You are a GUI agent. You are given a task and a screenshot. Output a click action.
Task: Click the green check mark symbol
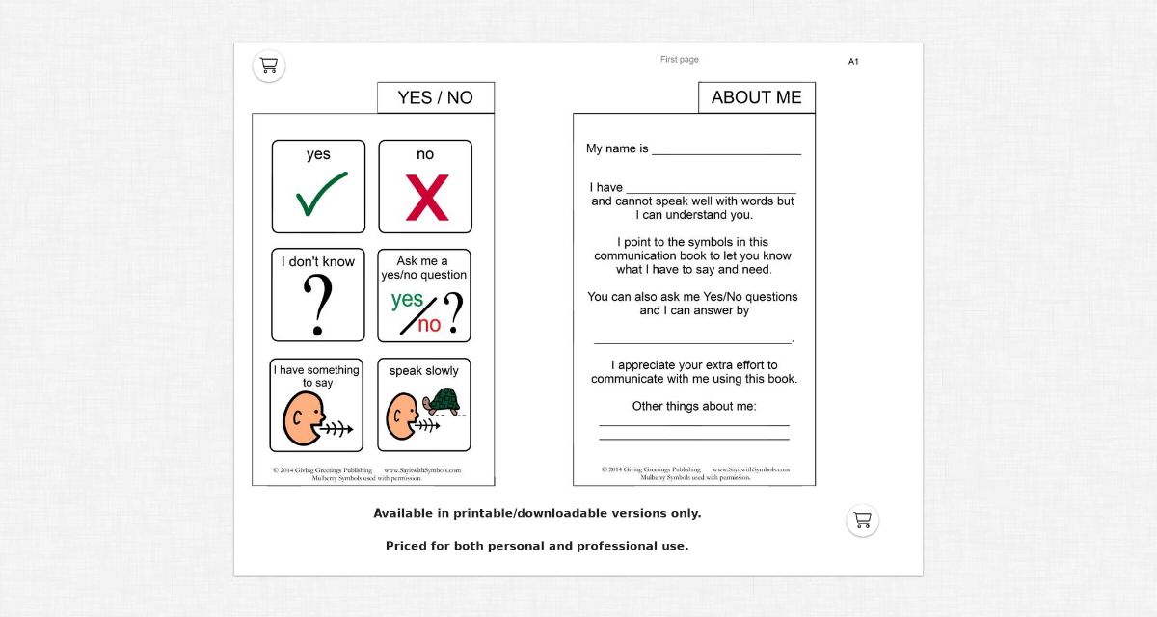coord(321,195)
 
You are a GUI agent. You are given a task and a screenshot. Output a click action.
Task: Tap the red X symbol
coord(426,197)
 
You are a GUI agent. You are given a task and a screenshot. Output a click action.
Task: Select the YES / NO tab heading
coord(435,97)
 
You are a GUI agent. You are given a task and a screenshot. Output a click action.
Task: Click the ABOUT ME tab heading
coord(756,97)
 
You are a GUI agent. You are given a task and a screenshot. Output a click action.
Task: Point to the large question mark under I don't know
coord(318,303)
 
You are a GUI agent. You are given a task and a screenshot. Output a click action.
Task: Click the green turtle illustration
coord(444,400)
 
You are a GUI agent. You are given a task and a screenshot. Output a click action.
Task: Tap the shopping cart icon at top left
coord(269,66)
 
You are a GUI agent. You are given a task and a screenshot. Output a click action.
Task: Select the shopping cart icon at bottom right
coord(862,521)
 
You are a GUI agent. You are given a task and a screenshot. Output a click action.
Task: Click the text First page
coord(679,60)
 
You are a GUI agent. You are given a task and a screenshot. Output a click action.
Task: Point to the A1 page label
coord(853,62)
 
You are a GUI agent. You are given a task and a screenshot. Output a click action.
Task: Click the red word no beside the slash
coord(429,325)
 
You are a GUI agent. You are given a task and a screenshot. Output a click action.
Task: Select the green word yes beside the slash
coord(407,300)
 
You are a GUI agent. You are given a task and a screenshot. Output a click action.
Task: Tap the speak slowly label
coord(423,370)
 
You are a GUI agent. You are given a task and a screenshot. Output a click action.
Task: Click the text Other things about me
coord(693,406)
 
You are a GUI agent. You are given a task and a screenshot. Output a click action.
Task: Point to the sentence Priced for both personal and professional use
coord(537,546)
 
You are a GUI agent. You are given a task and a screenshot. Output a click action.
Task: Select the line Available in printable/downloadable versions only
coord(537,513)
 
